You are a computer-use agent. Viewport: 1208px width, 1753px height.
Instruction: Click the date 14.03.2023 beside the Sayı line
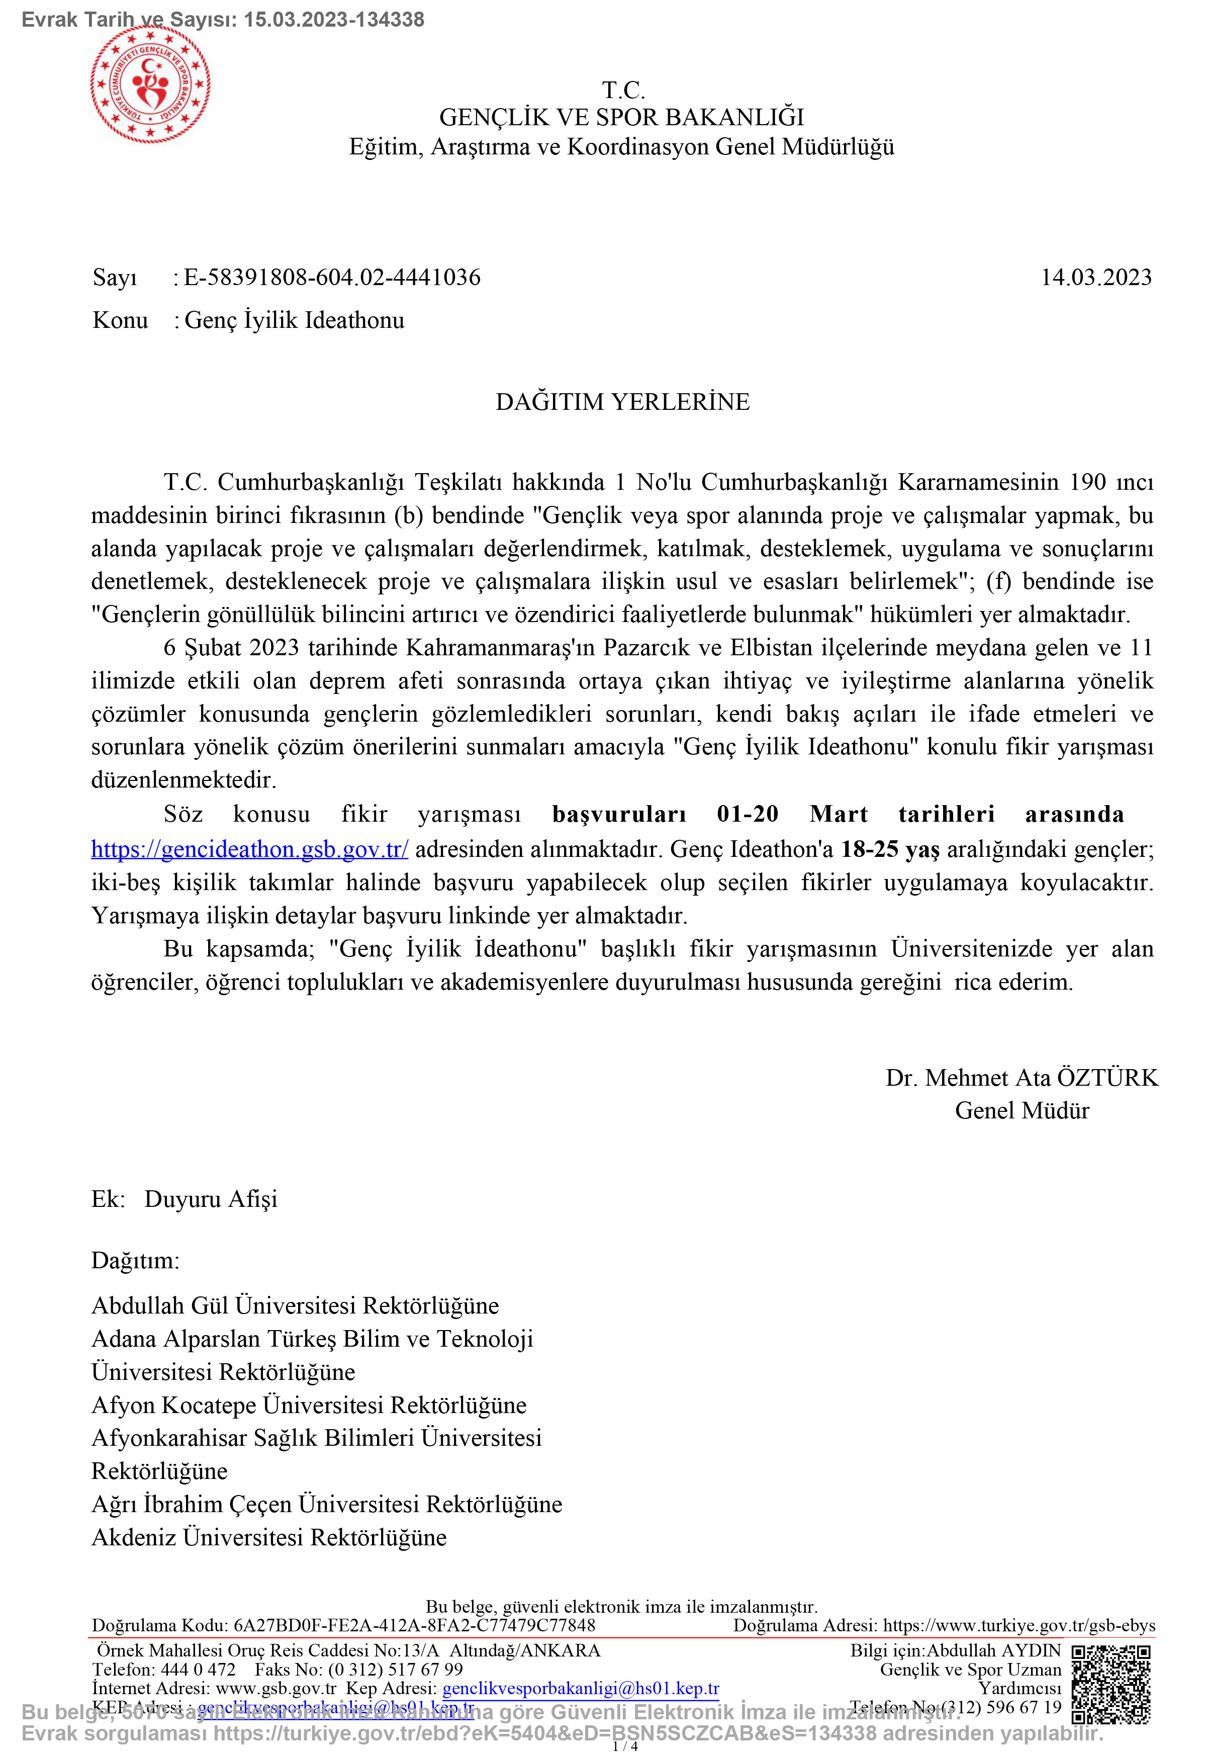1095,277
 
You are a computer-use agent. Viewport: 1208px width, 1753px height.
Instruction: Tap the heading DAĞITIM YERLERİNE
622,401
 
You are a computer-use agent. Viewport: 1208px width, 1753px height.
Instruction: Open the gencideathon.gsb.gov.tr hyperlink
250,849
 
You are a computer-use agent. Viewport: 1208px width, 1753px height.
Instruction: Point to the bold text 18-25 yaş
890,849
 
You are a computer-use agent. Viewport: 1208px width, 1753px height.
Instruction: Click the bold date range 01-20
748,815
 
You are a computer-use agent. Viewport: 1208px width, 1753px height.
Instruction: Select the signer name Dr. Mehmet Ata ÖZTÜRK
1021,1078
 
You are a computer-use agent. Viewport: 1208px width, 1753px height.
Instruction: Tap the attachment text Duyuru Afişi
211,1199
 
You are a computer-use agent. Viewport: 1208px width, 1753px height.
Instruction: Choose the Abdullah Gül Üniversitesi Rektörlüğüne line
295,1305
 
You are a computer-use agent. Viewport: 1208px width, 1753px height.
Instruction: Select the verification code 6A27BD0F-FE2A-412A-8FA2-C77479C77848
414,1625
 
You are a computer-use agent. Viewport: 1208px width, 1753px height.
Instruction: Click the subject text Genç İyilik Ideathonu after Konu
295,320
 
